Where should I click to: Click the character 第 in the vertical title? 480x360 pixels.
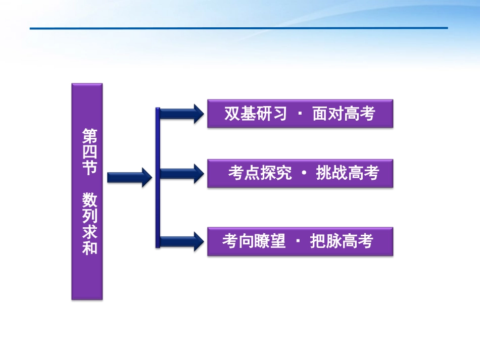pyautogui.click(x=89, y=136)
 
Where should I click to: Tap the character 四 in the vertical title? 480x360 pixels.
pyautogui.click(x=89, y=151)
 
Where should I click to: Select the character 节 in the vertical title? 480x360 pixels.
pyautogui.click(x=89, y=168)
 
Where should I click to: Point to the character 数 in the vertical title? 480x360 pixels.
pyautogui.click(x=89, y=200)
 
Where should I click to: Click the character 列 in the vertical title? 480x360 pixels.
pyautogui.click(x=89, y=216)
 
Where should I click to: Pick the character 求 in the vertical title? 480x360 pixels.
pyautogui.click(x=89, y=232)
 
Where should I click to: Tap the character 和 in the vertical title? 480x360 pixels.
pyautogui.click(x=89, y=248)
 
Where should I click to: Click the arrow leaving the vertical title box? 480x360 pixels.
pyautogui.click(x=129, y=177)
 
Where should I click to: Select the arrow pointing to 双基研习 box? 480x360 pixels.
pyautogui.click(x=181, y=114)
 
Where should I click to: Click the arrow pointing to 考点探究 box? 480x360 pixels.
pyautogui.click(x=181, y=174)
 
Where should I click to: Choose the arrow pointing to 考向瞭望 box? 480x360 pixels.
pyautogui.click(x=181, y=241)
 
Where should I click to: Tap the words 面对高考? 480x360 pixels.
pyautogui.click(x=344, y=114)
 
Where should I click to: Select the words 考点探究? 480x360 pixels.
pyautogui.click(x=260, y=174)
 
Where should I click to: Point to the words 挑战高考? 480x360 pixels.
pyautogui.click(x=347, y=174)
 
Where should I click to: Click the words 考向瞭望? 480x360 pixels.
pyautogui.click(x=254, y=242)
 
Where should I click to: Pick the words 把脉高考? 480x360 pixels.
pyautogui.click(x=341, y=242)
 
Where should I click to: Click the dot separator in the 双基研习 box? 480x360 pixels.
pyautogui.click(x=300, y=114)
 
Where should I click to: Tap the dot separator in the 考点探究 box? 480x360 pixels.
pyautogui.click(x=304, y=174)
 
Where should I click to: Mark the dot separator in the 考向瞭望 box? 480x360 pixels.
pyautogui.click(x=298, y=242)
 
